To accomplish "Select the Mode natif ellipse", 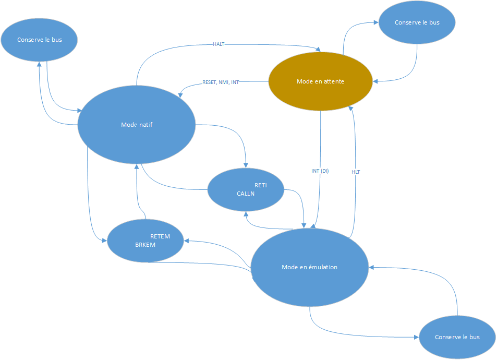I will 137,141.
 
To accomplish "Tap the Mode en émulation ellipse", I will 309,282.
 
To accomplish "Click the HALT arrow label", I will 219,44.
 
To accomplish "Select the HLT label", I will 356,172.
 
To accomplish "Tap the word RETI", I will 261,185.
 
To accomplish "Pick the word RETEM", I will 160,236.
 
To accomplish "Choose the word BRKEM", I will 146,244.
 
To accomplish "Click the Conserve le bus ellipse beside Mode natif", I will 40,40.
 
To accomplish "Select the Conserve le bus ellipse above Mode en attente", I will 417,23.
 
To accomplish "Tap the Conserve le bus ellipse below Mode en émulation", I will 457,337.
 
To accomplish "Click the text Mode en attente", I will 320,81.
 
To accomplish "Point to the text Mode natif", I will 137,125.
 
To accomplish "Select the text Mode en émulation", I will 309,267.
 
